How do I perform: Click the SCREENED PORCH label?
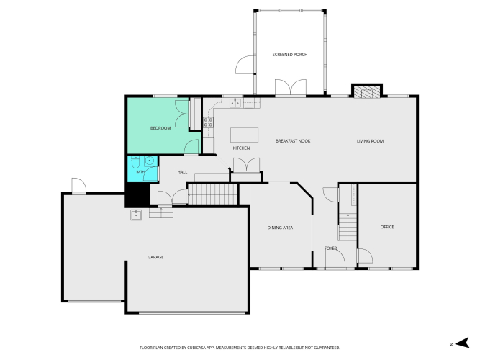[289, 55]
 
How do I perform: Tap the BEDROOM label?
[160, 128]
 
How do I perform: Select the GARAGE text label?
[155, 257]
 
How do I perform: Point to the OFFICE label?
[387, 227]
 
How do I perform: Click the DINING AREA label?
[280, 228]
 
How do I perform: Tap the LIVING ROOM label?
[370, 141]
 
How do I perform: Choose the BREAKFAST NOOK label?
[293, 141]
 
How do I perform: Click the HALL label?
[182, 172]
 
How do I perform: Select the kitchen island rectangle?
[244, 135]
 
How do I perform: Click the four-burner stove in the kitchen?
[209, 122]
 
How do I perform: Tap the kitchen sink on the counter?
[235, 103]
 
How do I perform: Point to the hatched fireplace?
[367, 91]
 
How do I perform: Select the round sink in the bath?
[150, 161]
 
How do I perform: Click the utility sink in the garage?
[136, 215]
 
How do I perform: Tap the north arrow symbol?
[462, 343]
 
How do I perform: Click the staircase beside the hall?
[213, 194]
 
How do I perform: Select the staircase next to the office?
[348, 227]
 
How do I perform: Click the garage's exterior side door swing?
[78, 185]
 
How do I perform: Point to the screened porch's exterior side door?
[245, 65]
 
